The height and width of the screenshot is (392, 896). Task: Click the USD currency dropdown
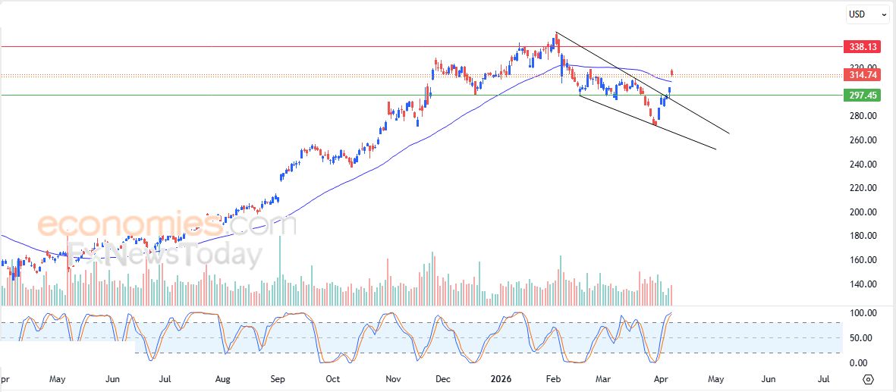click(x=868, y=14)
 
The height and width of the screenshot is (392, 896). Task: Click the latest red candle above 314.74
click(x=672, y=73)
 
